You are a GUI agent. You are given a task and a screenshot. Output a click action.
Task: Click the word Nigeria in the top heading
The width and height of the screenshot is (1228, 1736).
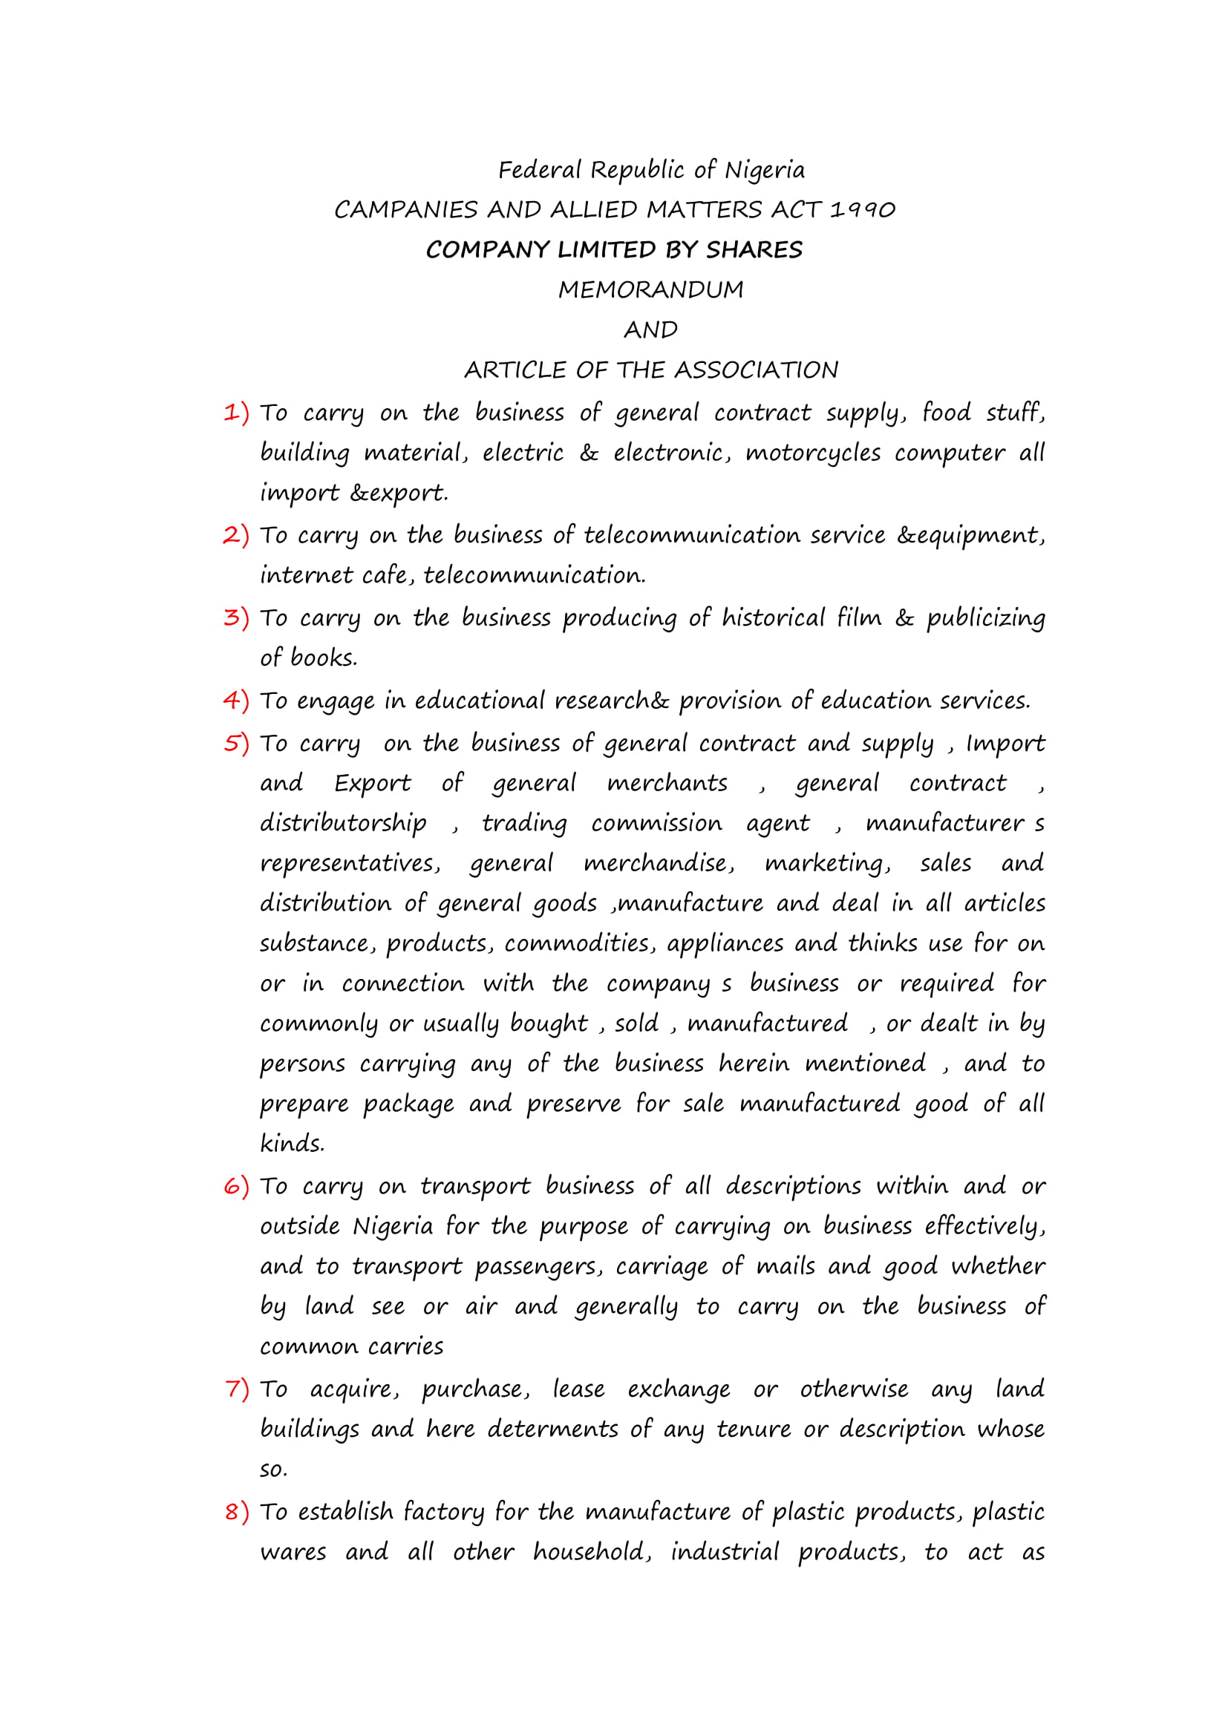click(x=765, y=171)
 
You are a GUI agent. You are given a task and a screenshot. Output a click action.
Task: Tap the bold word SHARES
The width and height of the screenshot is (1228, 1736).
click(x=754, y=250)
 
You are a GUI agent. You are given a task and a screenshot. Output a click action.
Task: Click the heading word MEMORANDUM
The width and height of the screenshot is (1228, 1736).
click(x=650, y=290)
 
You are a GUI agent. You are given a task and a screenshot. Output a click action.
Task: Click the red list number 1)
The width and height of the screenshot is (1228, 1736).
click(x=236, y=413)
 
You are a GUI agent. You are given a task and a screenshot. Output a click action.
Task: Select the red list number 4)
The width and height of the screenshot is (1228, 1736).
click(x=236, y=701)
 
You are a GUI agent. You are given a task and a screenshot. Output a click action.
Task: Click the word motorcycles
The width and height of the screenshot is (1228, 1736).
click(x=813, y=453)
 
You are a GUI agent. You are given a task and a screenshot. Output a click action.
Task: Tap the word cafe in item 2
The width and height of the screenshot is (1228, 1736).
click(x=386, y=576)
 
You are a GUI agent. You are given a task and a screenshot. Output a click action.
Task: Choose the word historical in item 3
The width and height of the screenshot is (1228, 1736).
click(x=773, y=618)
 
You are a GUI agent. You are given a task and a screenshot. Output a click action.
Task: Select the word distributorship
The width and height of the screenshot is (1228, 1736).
click(x=343, y=823)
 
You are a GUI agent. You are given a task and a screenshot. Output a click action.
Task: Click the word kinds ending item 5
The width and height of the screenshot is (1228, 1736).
click(x=292, y=1143)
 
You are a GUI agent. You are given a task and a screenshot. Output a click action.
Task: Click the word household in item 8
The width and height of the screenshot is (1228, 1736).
click(x=591, y=1551)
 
